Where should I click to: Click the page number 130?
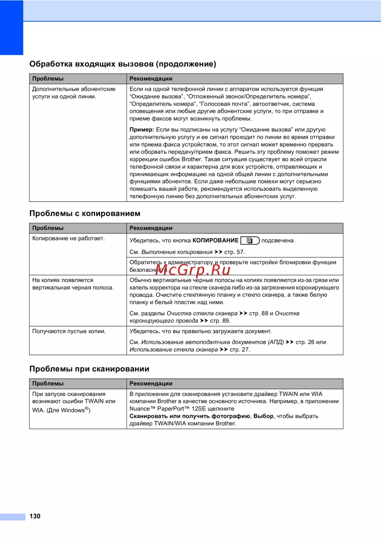pos(35,516)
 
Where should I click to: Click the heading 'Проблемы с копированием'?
pos(85,213)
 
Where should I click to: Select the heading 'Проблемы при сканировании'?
pos(89,369)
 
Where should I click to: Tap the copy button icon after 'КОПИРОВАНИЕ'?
pos(250,240)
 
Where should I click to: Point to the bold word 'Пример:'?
pos(142,130)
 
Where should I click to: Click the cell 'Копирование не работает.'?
pos(69,238)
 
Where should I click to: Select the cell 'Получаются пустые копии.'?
pos(69,331)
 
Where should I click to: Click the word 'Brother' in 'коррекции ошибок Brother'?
pos(191,159)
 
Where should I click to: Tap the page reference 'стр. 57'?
pos(234,252)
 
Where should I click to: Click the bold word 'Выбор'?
pos(263,416)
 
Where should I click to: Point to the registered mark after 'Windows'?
pos(87,409)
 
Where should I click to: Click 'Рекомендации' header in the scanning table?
pos(151,384)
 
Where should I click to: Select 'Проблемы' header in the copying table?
pos(48,228)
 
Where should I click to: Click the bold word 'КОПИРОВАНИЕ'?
pos(216,240)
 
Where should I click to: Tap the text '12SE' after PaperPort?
pos(199,409)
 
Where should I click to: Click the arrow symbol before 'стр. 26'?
pos(290,342)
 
